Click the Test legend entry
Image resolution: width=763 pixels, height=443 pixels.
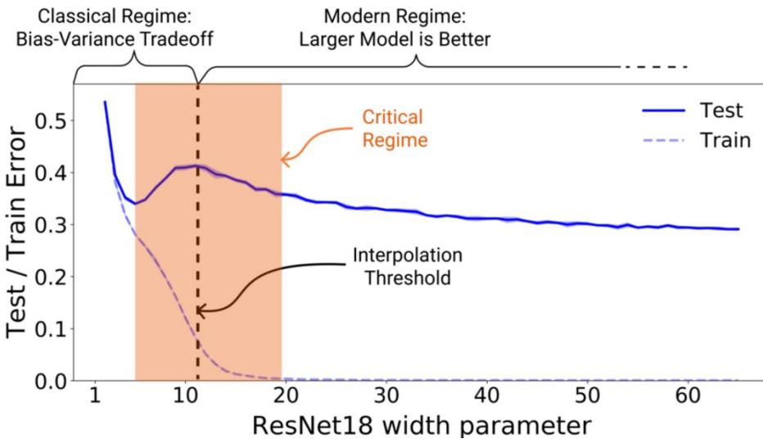(720, 111)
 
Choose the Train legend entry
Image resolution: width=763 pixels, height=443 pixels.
(724, 139)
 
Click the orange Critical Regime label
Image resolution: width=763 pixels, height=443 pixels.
(395, 129)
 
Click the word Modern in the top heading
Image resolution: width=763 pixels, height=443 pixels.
(354, 16)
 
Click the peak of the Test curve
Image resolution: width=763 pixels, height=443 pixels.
(196, 165)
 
